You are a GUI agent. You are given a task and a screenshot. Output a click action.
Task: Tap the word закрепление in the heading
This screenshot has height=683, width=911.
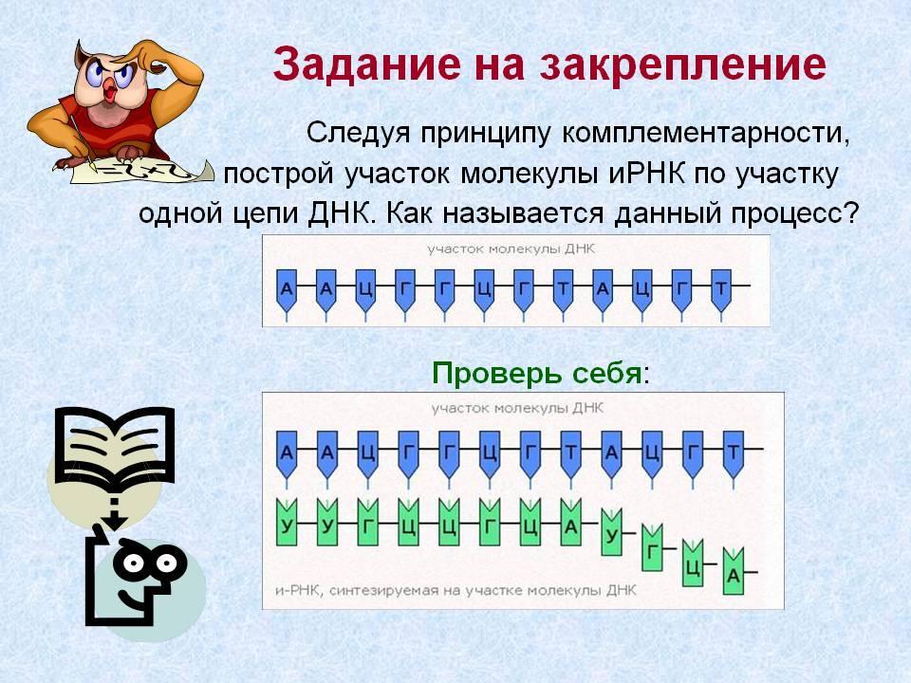point(682,65)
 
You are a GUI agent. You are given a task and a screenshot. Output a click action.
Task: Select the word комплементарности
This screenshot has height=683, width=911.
point(705,133)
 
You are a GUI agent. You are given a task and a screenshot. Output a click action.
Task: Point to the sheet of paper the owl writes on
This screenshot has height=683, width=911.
point(140,172)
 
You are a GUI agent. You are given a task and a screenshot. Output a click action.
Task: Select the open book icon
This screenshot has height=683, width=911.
point(115,446)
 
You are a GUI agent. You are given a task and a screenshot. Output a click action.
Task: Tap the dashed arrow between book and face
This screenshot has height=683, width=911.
point(116,513)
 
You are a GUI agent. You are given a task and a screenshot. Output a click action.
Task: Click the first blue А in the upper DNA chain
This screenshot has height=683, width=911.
point(287,288)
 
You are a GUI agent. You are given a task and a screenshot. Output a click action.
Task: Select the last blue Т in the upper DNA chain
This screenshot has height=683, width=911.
point(721,288)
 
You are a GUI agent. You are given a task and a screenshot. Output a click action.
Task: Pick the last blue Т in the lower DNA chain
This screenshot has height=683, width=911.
point(734,452)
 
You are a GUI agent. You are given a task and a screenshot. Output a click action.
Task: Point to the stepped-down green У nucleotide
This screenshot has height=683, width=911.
point(611,533)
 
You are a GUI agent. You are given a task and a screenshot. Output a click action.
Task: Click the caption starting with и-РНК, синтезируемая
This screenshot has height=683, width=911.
point(455,591)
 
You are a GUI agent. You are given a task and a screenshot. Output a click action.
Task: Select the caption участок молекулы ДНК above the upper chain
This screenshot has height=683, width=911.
point(511,249)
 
